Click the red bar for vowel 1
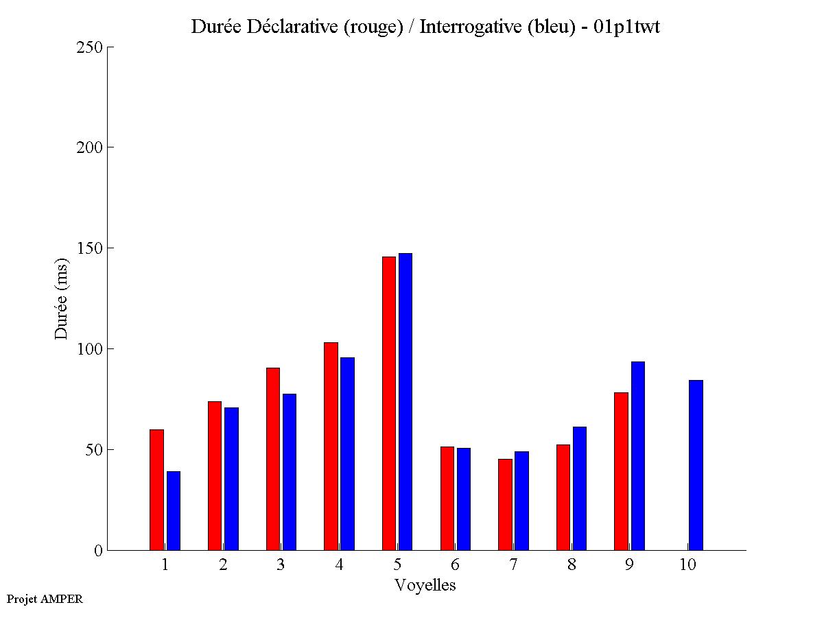click(156, 490)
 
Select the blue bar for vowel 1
click(174, 510)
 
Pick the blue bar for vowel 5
click(405, 402)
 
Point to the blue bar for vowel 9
click(638, 455)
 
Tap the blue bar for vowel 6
click(464, 499)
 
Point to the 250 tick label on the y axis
click(89, 47)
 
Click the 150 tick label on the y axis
click(89, 248)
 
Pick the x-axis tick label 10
click(687, 565)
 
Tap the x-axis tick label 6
click(455, 565)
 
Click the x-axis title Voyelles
click(425, 585)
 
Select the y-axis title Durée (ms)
click(62, 299)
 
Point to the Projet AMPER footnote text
click(45, 599)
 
